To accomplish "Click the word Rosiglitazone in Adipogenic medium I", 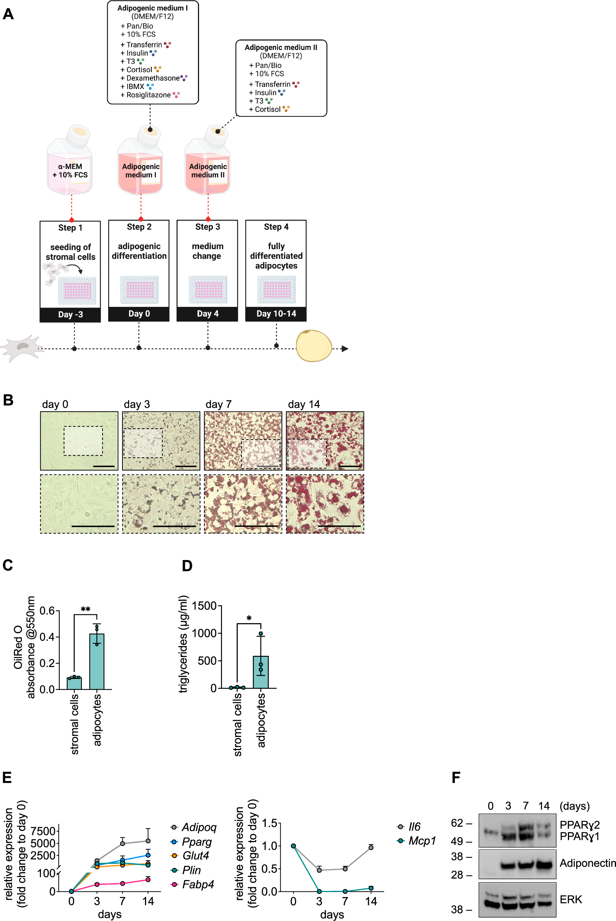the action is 148,95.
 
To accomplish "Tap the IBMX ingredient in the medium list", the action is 135,86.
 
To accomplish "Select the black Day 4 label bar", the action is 207,313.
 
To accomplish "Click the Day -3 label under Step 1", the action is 70,314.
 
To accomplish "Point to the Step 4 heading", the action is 276,227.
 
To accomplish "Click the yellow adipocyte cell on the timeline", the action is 314,346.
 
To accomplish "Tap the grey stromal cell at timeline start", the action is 22,348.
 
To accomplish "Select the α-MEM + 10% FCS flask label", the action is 70,171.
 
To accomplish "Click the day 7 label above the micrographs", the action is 219,404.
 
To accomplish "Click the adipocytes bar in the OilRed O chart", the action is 97,662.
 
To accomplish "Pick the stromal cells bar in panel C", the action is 74,683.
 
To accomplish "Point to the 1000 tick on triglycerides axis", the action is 207,633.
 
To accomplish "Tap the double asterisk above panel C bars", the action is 85,609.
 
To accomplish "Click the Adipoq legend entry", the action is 199,827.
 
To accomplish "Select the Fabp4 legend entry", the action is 198,885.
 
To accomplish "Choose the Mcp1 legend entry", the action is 422,841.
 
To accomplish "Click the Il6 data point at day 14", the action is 371,847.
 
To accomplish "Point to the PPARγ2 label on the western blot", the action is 580,825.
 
